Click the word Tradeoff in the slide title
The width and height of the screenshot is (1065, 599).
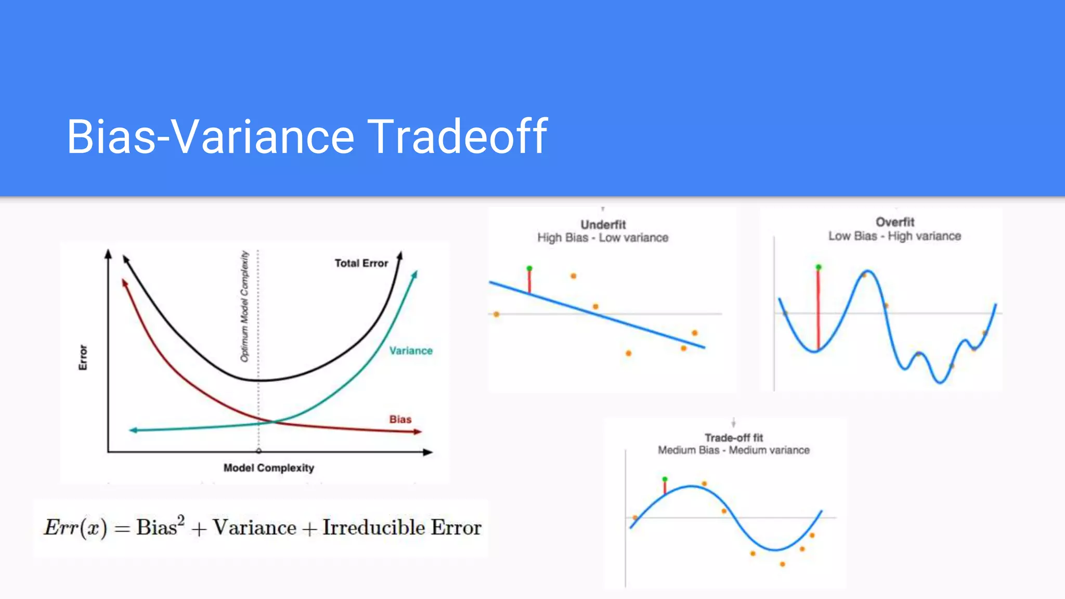click(458, 136)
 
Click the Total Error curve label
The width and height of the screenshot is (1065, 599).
click(361, 263)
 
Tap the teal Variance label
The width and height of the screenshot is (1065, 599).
click(411, 350)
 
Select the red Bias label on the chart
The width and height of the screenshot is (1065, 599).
click(400, 419)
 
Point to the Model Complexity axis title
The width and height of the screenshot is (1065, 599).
click(268, 467)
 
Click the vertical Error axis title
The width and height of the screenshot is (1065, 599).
click(83, 357)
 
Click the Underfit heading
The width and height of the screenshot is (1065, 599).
click(603, 225)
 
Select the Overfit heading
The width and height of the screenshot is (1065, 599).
click(894, 222)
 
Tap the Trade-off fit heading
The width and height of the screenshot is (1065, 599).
click(733, 438)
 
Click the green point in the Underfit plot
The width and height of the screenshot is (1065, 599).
click(529, 268)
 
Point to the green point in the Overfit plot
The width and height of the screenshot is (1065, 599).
click(819, 267)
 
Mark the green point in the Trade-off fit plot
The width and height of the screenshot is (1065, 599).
click(665, 479)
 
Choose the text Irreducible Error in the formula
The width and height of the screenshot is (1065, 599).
click(401, 527)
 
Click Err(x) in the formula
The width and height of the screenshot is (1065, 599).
click(75, 527)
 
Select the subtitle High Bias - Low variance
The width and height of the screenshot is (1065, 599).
click(603, 238)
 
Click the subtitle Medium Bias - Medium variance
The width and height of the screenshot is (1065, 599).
click(733, 450)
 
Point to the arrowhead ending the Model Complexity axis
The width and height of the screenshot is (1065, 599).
click(428, 452)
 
